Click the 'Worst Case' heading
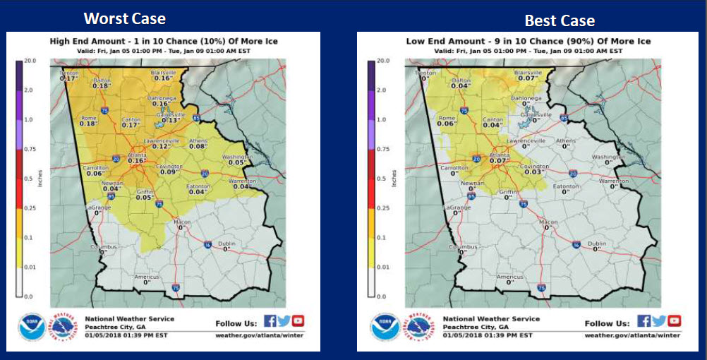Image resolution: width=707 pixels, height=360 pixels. (x=125, y=18)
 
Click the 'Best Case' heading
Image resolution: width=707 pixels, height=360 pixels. (x=560, y=20)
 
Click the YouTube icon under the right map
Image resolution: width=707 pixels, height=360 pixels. (x=674, y=321)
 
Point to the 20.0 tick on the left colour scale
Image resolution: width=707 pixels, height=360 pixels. (x=29, y=61)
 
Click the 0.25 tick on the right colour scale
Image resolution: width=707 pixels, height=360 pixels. (x=382, y=208)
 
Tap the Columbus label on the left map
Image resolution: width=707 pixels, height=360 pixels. (x=103, y=248)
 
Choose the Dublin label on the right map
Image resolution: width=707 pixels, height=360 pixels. (x=596, y=244)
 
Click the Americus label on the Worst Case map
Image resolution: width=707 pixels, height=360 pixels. (x=147, y=277)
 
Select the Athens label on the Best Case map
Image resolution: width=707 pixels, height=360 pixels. (x=565, y=141)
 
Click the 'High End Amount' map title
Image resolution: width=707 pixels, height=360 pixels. (x=164, y=42)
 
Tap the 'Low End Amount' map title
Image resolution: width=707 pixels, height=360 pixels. (x=528, y=42)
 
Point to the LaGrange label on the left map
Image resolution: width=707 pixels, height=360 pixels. (x=99, y=208)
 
